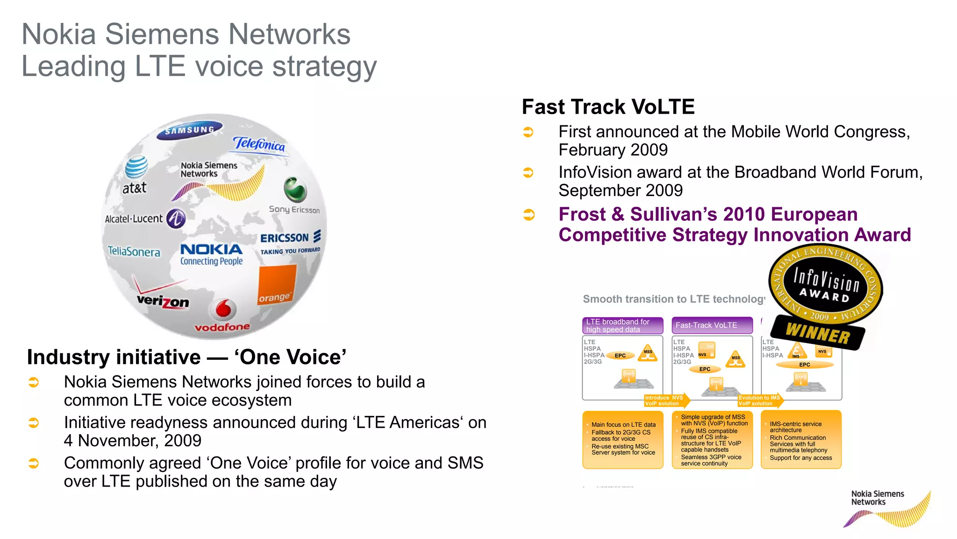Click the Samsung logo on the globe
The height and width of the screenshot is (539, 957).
pyautogui.click(x=190, y=130)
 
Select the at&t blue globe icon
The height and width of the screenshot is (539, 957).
pyautogui.click(x=136, y=167)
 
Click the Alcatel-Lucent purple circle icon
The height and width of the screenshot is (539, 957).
pyautogui.click(x=176, y=219)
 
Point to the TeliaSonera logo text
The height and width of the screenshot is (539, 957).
pyautogui.click(x=134, y=251)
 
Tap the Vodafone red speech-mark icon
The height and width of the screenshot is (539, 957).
pyautogui.click(x=223, y=309)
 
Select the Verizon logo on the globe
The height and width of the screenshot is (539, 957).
pyautogui.click(x=163, y=300)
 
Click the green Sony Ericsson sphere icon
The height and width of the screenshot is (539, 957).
pyautogui.click(x=295, y=189)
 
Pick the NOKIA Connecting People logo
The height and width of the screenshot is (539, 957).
pyautogui.click(x=212, y=254)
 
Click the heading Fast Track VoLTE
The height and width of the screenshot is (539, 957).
pyautogui.click(x=608, y=107)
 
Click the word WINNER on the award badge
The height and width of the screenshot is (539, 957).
pyautogui.click(x=818, y=334)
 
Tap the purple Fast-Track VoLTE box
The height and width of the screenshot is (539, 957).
pyautogui.click(x=712, y=325)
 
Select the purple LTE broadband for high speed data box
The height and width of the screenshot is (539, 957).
pyautogui.click(x=622, y=325)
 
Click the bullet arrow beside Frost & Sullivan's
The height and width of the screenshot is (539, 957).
pyautogui.click(x=528, y=215)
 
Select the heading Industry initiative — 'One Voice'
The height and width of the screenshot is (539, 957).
pyautogui.click(x=186, y=357)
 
